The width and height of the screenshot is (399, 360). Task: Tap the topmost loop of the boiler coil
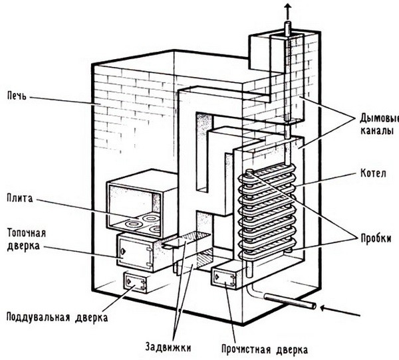click(x=266, y=175)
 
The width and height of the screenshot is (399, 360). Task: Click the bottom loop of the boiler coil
click(x=266, y=251)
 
